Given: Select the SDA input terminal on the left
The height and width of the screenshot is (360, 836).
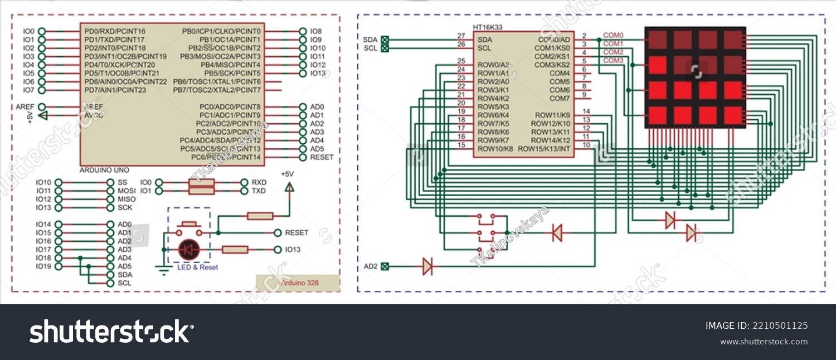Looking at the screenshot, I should tap(385, 40).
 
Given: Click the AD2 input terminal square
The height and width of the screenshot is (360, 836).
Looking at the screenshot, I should tap(385, 266).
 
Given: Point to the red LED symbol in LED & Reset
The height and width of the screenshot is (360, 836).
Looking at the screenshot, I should tap(189, 250).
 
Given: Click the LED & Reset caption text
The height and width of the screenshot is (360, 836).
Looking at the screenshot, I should tap(197, 267).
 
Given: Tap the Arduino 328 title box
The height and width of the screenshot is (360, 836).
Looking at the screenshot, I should tap(298, 283).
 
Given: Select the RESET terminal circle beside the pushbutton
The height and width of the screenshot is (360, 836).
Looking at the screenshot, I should tap(278, 232).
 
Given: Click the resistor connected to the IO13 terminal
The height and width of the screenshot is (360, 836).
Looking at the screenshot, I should tap(235, 250).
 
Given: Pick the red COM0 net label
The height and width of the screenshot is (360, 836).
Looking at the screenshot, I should tap(613, 35).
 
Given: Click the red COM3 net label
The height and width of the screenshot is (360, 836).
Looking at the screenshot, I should tap(613, 60).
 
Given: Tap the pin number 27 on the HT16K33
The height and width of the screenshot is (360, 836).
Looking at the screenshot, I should tap(461, 36).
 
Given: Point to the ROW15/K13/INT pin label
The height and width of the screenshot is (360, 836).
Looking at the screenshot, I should tap(544, 149).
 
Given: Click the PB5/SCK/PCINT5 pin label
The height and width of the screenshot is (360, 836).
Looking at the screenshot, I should tap(232, 73).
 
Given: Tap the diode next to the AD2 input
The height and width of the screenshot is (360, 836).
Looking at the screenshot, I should tap(427, 266).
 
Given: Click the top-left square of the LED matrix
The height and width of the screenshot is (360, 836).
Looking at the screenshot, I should tap(657, 40).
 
